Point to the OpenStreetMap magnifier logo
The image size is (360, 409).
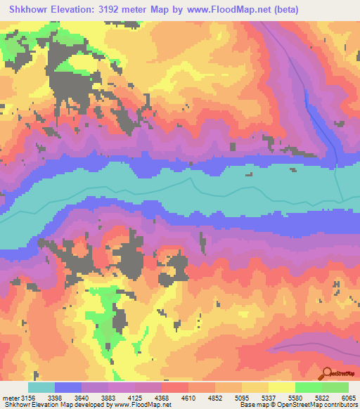pyautogui.click(x=327, y=374)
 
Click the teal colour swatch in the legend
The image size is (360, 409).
pyautogui.click(x=41, y=387)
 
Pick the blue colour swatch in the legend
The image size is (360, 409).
pyautogui.click(x=68, y=387)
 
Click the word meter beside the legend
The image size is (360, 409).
pyautogui.click(x=10, y=398)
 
